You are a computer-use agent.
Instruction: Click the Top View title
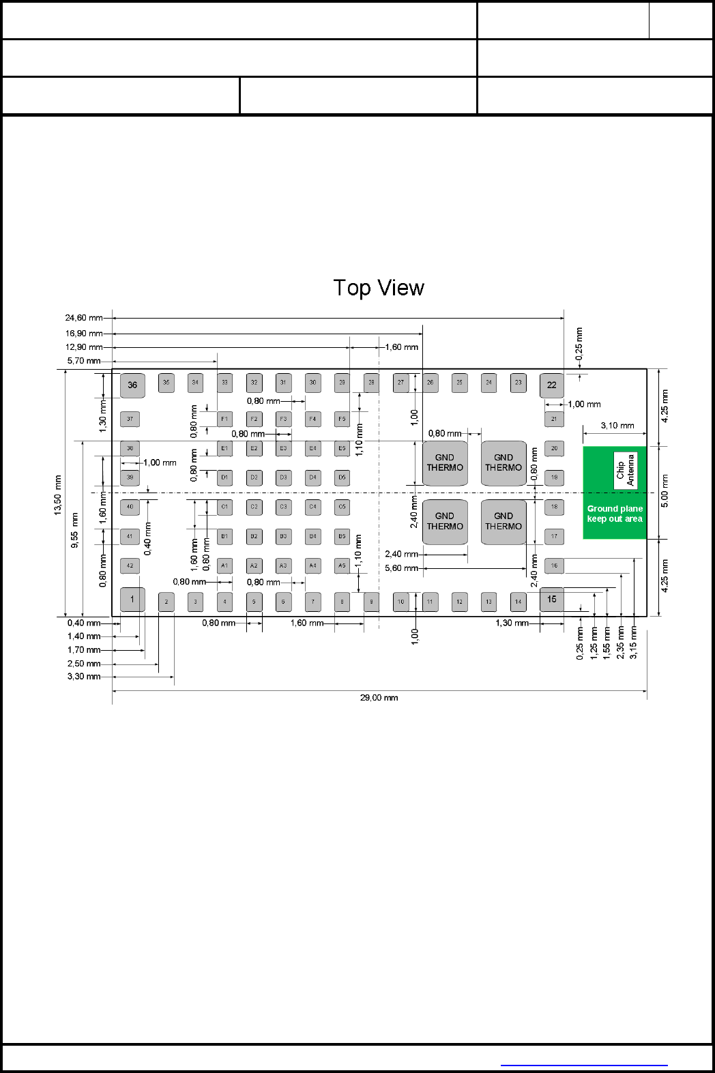pos(379,288)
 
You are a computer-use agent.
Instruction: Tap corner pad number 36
pos(132,385)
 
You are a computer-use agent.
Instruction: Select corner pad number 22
pos(552,385)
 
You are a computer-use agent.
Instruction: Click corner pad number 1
pos(132,600)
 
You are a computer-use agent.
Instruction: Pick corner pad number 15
pos(552,600)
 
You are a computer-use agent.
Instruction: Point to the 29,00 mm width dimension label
pos(379,698)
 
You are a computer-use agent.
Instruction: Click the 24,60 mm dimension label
pos(84,318)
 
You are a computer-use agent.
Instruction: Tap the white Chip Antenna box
pos(626,470)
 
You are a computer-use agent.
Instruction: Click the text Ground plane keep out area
pos(615,514)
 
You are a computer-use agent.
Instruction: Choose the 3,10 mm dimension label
pos(617,426)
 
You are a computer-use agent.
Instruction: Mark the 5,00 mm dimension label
pos(665,490)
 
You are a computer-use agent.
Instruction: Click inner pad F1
pos(224,419)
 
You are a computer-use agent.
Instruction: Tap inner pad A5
pos(342,565)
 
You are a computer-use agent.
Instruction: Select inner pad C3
pos(283,507)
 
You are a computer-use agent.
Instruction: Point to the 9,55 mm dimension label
pos(75,530)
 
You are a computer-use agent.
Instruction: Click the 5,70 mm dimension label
pos(84,361)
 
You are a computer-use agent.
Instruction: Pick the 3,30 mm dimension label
pos(84,677)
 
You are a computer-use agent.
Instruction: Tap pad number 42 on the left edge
pos(130,565)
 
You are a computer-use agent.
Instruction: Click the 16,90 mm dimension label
pos(84,334)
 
